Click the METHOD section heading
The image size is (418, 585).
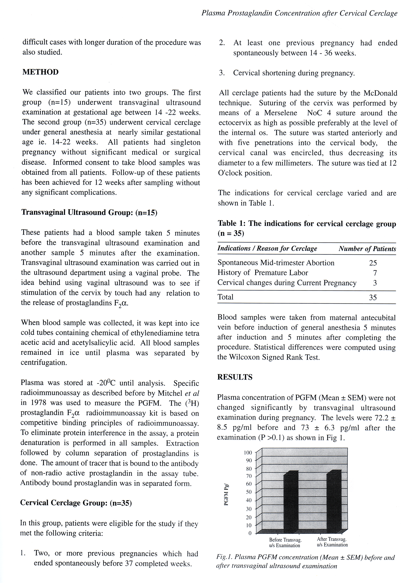[x=40, y=72]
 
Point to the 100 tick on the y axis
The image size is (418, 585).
[x=248, y=453]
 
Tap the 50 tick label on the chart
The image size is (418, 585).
[x=249, y=492]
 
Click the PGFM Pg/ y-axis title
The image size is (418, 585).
[x=226, y=494]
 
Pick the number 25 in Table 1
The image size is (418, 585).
[x=373, y=263]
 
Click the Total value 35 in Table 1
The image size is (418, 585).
[x=373, y=297]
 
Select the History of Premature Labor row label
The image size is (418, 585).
[x=263, y=273]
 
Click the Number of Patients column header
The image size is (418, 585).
[x=367, y=249]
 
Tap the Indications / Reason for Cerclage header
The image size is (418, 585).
[x=267, y=249]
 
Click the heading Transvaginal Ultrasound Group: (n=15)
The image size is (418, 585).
[x=89, y=212]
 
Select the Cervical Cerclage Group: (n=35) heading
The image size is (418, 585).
[x=76, y=503]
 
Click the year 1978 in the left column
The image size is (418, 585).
[x=39, y=403]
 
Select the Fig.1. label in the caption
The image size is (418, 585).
[x=224, y=557]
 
